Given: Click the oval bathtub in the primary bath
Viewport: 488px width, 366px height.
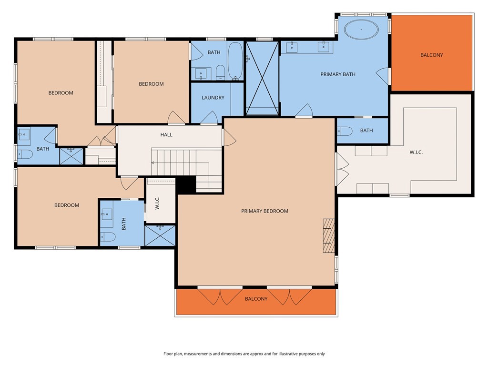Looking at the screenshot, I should (x=362, y=30).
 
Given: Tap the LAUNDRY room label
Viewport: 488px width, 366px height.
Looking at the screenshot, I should (x=213, y=98).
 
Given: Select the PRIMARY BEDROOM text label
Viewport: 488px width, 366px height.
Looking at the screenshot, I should (x=264, y=211).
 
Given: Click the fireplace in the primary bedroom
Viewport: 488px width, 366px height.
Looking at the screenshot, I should (x=329, y=235).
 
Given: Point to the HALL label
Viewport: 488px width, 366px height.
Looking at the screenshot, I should (x=166, y=135).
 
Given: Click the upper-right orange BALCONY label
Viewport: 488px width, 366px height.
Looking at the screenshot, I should (x=431, y=55).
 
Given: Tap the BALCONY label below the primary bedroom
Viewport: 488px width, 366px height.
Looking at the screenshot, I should (x=256, y=299).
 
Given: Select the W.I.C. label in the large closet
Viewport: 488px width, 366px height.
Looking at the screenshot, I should (x=416, y=152).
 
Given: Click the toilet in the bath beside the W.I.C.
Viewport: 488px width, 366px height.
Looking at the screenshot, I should (x=345, y=131).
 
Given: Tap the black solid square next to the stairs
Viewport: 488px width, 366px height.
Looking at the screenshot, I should (x=186, y=185).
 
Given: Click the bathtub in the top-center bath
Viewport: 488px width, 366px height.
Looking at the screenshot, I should (x=235, y=61).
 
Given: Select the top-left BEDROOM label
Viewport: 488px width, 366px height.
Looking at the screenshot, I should (x=61, y=93).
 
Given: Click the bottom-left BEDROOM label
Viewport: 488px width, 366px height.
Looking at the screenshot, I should (x=66, y=205).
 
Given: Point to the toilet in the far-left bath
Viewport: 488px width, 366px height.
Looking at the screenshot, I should (x=24, y=154).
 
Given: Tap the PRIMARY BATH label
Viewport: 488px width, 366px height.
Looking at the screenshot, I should (x=337, y=74).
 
